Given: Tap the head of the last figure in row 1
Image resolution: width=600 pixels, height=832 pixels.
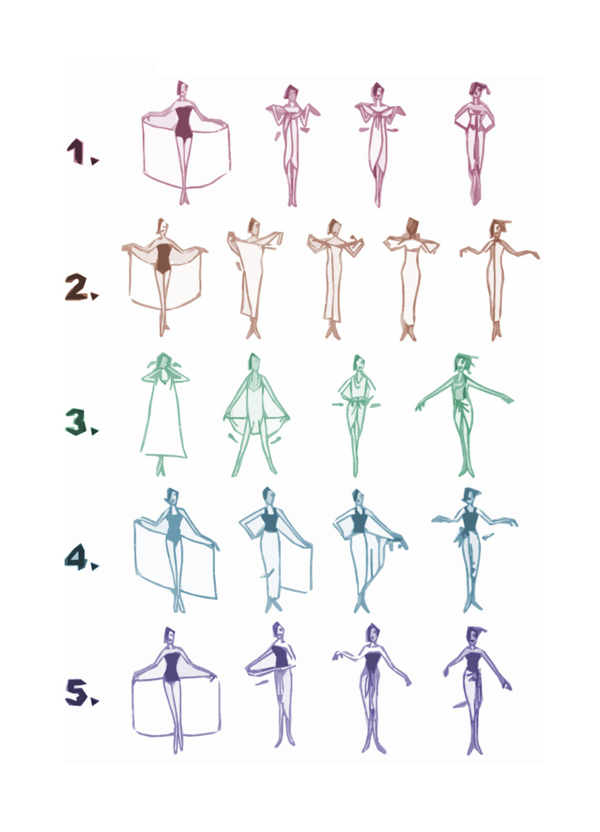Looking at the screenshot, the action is pos(478,90).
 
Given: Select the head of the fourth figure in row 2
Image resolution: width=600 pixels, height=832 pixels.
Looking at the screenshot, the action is pos(412,227).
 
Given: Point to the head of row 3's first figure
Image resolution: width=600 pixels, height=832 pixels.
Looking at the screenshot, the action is pos(164,362).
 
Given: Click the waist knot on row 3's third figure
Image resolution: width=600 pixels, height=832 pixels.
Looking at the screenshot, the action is pos(356,402).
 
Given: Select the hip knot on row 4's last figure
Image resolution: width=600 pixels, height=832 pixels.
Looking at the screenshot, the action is pos(461,536).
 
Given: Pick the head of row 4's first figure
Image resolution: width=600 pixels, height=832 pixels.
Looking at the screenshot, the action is pos(172,497).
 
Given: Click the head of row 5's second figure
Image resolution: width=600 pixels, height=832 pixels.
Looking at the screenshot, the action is pos(278,630).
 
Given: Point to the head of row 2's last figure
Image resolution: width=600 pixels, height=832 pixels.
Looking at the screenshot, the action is pos(498,228).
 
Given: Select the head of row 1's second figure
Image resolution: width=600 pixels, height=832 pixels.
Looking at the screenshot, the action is pos(291,92).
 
